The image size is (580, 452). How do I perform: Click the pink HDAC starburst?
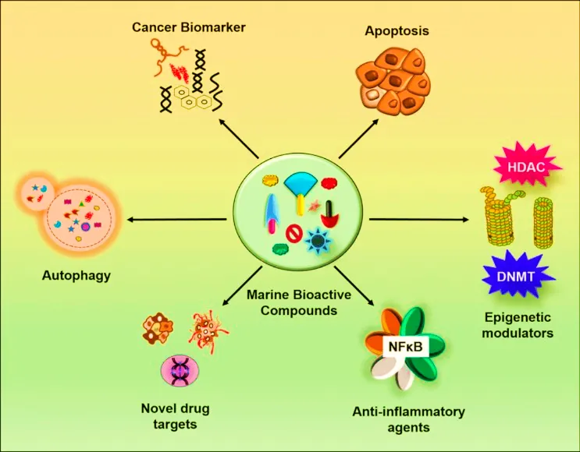coord(526,167)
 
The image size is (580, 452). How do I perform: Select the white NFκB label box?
coord(406,346)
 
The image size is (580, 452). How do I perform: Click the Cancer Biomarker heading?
coord(189,27)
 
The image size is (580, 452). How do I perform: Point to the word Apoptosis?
coord(397,30)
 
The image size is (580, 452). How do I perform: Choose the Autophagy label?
coord(77,275)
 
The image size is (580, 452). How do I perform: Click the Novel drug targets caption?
coord(175,416)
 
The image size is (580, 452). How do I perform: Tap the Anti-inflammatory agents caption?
coord(408,419)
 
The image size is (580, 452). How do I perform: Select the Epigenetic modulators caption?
coord(518,325)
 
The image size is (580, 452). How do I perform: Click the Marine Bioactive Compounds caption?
coord(299,302)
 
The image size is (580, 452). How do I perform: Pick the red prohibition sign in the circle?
coord(294,234)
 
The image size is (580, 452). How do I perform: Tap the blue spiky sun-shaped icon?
coord(318,241)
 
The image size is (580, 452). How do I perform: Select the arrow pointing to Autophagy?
coord(177,220)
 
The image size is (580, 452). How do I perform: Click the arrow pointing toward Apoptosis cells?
coord(358,139)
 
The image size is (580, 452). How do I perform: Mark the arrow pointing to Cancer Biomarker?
coord(238,138)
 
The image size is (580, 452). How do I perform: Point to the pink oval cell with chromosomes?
coord(180,371)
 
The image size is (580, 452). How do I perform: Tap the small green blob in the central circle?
coord(280,249)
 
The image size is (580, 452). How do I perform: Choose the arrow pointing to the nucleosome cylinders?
coord(419,220)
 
